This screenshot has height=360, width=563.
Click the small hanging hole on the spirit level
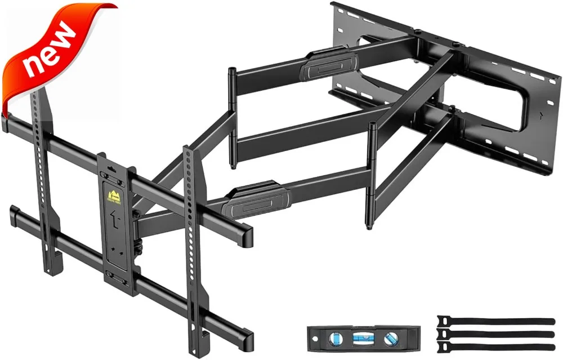(x=315, y=339)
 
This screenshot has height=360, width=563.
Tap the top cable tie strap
(x=495, y=321)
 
